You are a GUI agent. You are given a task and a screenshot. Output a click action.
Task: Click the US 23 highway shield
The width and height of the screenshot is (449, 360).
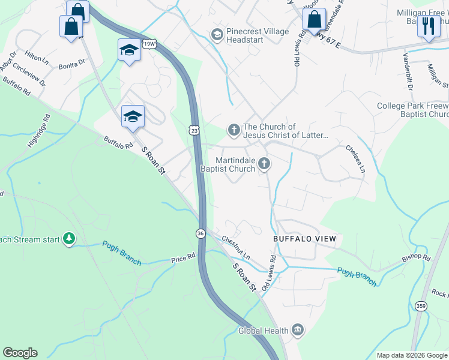coord(192,130)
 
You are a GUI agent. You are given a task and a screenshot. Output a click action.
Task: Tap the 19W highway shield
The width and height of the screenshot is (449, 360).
coord(149,44)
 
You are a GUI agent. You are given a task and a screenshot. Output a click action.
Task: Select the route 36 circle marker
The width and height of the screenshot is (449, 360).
coord(201,233)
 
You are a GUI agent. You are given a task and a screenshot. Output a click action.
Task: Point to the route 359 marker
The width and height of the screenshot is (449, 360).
coord(421,306)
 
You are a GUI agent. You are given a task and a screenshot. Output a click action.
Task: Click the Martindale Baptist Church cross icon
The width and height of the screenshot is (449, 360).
coord(264,164)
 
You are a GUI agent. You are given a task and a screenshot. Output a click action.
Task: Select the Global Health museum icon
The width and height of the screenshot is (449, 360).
coord(298,330)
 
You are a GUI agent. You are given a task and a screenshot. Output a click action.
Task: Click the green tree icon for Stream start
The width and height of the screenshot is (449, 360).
coord(70,239)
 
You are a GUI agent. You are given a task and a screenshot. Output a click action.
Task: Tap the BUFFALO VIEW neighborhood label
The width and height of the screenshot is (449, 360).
coord(305,239)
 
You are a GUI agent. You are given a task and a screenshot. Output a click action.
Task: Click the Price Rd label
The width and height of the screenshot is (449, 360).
coord(184,257)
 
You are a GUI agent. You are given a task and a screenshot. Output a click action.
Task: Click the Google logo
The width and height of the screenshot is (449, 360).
coord(20,353)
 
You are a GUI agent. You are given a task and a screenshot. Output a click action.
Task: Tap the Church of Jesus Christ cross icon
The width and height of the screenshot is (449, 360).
coord(234,129)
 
